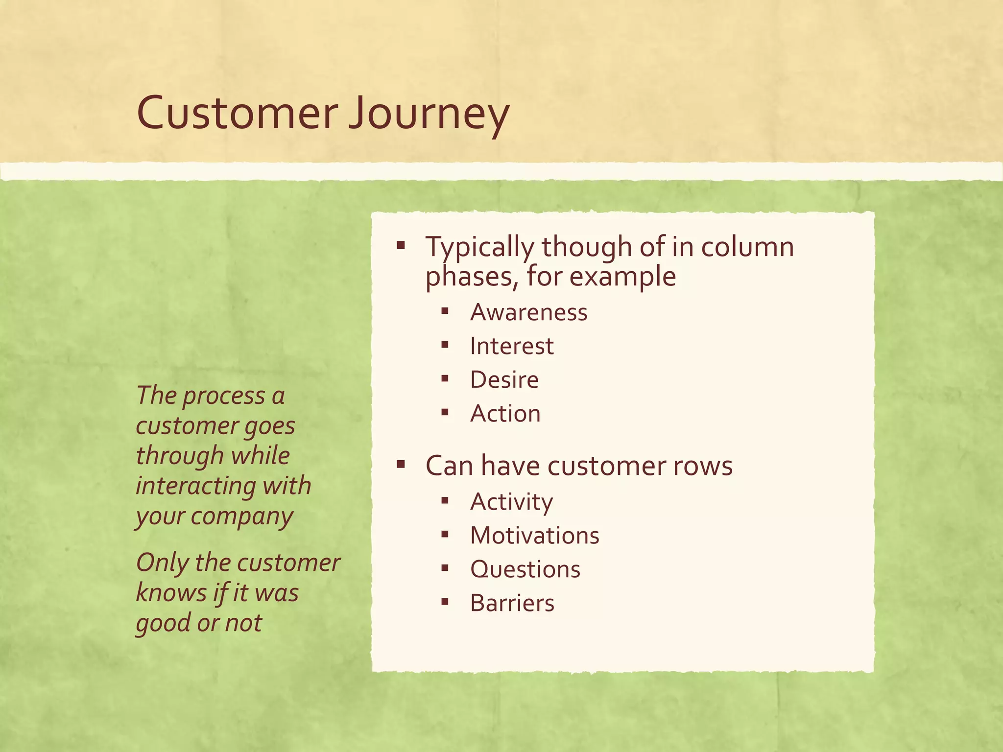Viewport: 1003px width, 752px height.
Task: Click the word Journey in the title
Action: tap(429, 115)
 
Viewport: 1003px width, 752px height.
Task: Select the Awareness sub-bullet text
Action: tap(528, 312)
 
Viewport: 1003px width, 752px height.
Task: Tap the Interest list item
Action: tap(512, 346)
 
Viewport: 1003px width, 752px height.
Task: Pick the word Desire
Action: tap(504, 380)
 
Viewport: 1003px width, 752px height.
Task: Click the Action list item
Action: tap(505, 414)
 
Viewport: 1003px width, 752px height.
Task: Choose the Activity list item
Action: tap(512, 502)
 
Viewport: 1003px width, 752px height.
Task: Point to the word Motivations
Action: tap(535, 536)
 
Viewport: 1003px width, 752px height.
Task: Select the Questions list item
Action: tap(525, 569)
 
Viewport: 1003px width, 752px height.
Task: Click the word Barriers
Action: tap(512, 603)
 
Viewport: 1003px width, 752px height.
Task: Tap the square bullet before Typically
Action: tap(401, 245)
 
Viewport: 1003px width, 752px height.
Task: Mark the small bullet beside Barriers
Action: tap(445, 602)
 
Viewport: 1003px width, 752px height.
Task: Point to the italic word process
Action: tap(224, 397)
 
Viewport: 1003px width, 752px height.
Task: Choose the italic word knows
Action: tap(171, 593)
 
